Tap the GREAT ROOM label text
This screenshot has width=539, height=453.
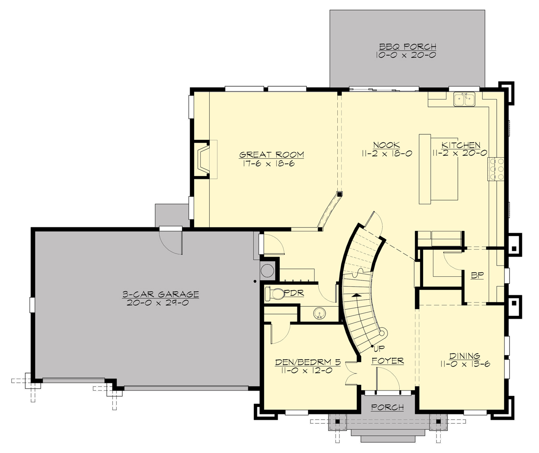point(271,155)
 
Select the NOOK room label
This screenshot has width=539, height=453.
point(386,145)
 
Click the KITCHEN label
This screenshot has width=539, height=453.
point(461,145)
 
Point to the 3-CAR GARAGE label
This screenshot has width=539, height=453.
point(160,294)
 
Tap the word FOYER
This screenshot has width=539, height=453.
point(388,361)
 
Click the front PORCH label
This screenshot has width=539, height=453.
point(388,407)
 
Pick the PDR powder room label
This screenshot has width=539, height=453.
point(295,293)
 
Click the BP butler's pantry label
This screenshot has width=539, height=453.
point(477,275)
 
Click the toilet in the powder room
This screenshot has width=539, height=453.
point(274,294)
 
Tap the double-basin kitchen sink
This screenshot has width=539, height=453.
point(464,99)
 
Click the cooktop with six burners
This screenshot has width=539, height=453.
point(496,169)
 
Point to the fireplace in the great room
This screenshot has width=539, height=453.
point(203,160)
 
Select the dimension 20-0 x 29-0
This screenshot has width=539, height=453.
point(160,303)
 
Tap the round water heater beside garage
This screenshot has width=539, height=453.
point(268,271)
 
